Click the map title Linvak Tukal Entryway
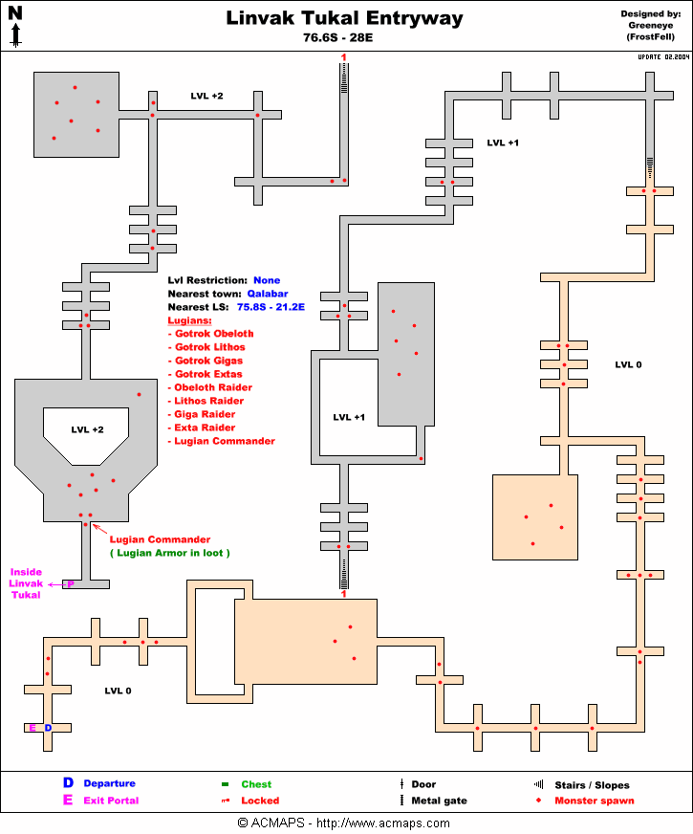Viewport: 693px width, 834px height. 344,18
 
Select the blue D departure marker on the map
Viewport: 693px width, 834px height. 48,728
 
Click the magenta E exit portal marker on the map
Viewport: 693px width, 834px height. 32,728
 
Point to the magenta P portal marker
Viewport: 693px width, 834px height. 70,583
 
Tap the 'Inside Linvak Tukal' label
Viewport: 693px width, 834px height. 27,583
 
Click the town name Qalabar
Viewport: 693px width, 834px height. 268,294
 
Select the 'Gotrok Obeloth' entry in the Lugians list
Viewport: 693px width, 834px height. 214,334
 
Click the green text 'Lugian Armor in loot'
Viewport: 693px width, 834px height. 170,553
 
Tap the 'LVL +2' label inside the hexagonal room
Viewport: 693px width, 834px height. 87,429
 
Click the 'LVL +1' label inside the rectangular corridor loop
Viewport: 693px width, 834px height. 349,417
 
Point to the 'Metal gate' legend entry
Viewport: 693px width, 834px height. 439,801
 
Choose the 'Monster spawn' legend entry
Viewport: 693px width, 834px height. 594,801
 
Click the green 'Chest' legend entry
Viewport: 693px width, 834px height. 256,785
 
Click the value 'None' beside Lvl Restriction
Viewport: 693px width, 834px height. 267,280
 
